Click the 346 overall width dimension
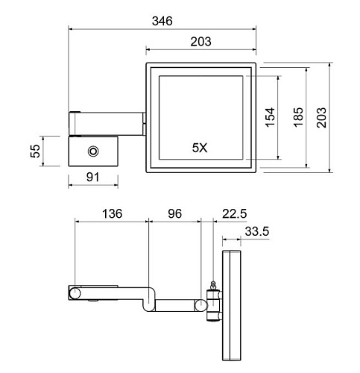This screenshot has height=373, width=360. pyautogui.click(x=162, y=21)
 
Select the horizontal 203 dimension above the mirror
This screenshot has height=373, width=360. pyautogui.click(x=200, y=42)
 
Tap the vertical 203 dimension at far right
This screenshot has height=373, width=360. pyautogui.click(x=321, y=117)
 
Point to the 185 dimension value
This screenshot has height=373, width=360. pyautogui.click(x=298, y=117)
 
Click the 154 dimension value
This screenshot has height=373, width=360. pyautogui.click(x=270, y=117)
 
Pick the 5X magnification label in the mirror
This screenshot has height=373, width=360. pyautogui.click(x=200, y=148)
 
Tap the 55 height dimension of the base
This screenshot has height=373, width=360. pyautogui.click(x=35, y=151)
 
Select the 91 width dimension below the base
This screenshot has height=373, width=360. pyautogui.click(x=92, y=177)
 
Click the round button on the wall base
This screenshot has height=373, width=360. pyautogui.click(x=93, y=151)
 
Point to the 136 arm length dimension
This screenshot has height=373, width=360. pyautogui.click(x=113, y=213)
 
